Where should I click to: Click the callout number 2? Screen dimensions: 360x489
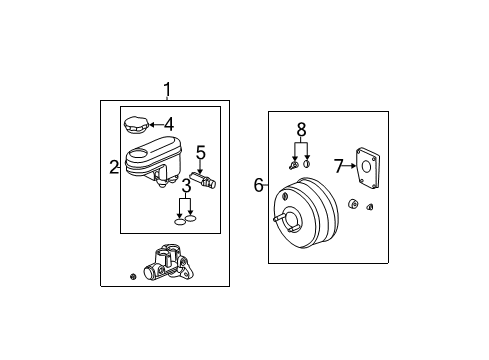(x=114, y=167)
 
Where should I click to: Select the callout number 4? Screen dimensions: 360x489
(x=169, y=125)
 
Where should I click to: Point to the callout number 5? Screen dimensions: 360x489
(x=200, y=153)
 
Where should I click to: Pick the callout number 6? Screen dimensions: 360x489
(x=259, y=184)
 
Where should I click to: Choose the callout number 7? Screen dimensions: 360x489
(x=338, y=164)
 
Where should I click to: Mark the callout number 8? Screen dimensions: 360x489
(x=300, y=129)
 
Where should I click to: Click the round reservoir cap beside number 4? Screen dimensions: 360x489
(x=135, y=126)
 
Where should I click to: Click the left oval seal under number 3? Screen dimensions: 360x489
(x=179, y=221)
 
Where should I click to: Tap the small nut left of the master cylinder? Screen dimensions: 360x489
(x=133, y=275)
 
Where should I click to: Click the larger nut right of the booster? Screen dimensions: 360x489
(x=353, y=205)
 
